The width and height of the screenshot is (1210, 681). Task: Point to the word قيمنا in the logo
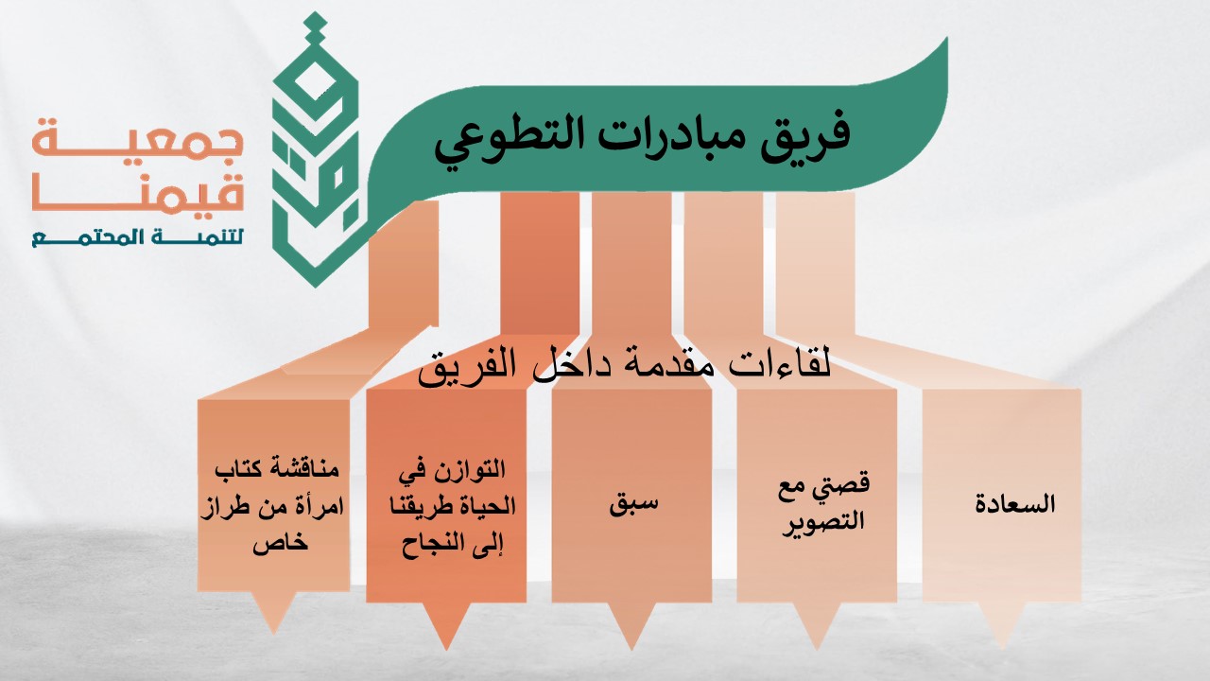coord(138,192)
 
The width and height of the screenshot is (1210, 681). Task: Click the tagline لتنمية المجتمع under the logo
coord(138,237)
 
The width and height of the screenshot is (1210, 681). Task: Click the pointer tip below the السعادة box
coord(1002,648)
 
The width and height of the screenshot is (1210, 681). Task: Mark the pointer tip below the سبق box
coord(631,649)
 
